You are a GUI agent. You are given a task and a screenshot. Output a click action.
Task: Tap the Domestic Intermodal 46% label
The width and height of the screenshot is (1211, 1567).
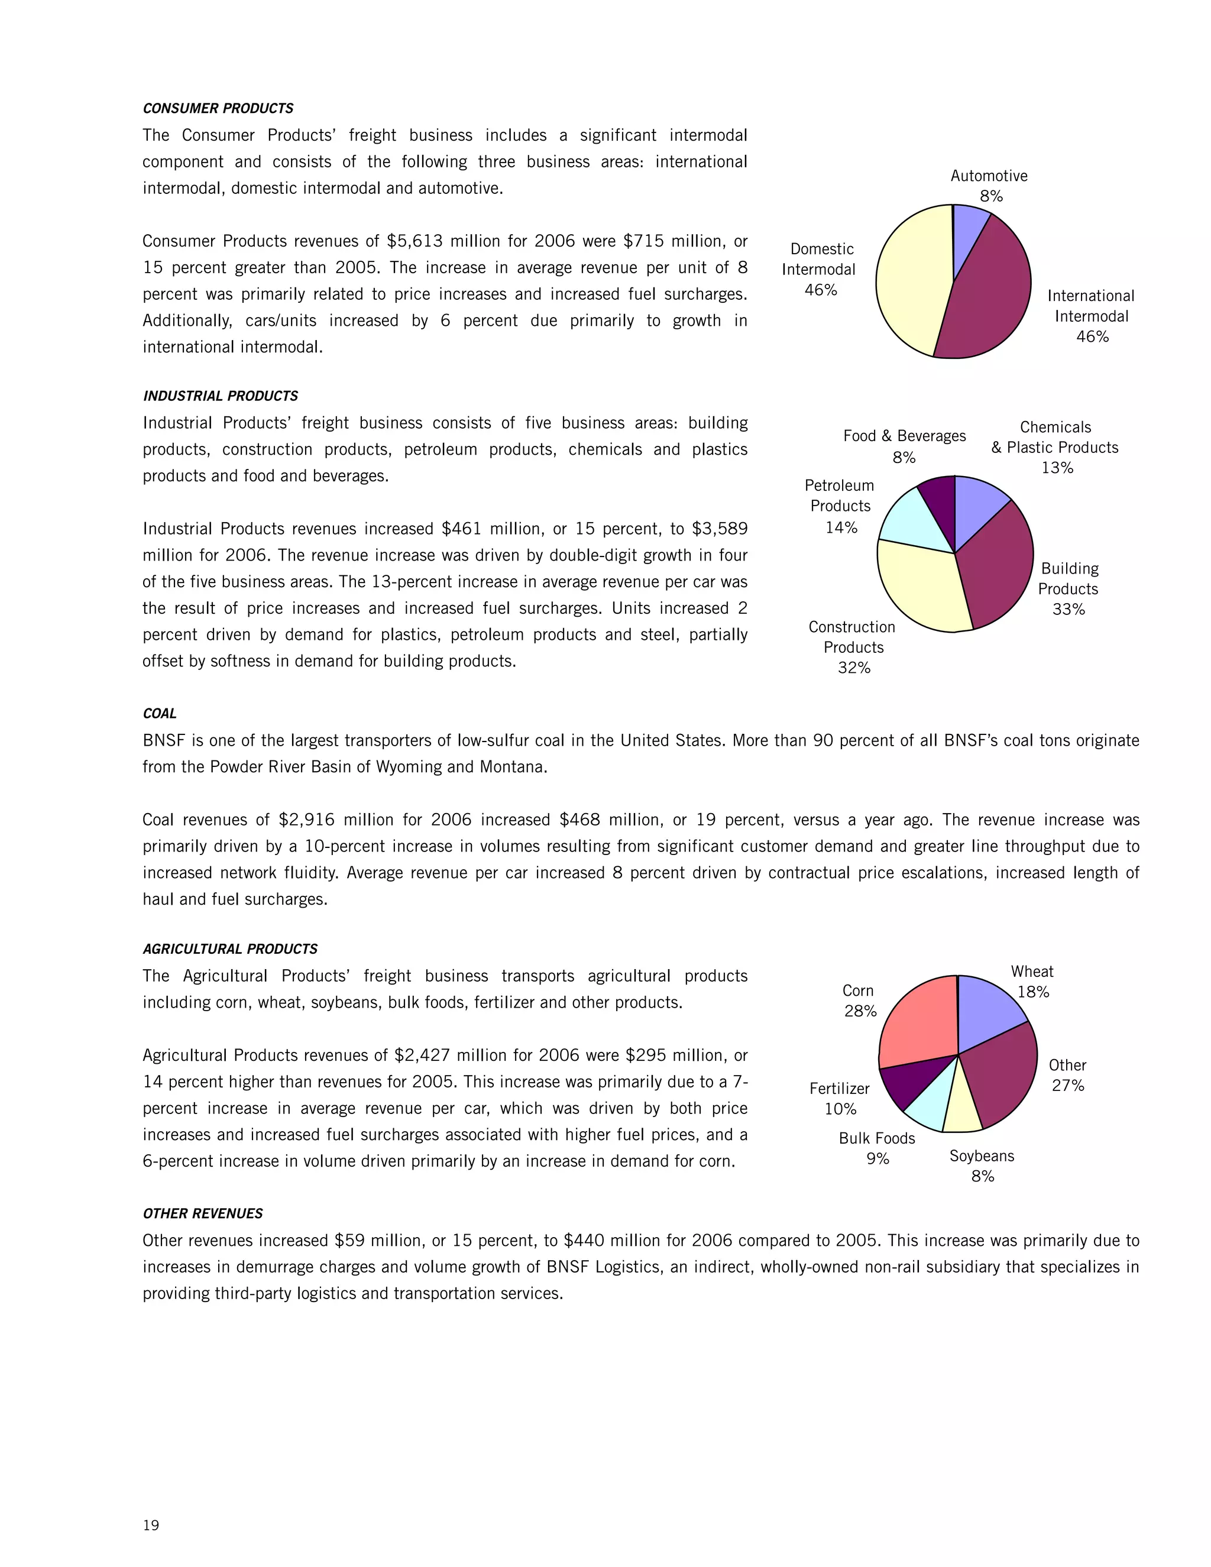pos(820,269)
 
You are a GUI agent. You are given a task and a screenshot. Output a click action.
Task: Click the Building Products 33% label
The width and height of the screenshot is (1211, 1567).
pos(1068,588)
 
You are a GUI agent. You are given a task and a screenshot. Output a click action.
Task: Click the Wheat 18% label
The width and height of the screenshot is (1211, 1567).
pos(1032,982)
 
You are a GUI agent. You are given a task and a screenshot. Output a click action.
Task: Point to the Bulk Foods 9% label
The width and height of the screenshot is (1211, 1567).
pos(877,1148)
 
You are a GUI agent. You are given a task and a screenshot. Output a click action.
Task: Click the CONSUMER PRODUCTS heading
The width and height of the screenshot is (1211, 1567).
pos(218,108)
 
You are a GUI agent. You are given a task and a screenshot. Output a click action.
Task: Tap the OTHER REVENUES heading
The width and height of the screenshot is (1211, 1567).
pos(202,1213)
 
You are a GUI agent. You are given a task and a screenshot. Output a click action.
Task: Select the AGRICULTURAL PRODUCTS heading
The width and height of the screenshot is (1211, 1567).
pos(229,948)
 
